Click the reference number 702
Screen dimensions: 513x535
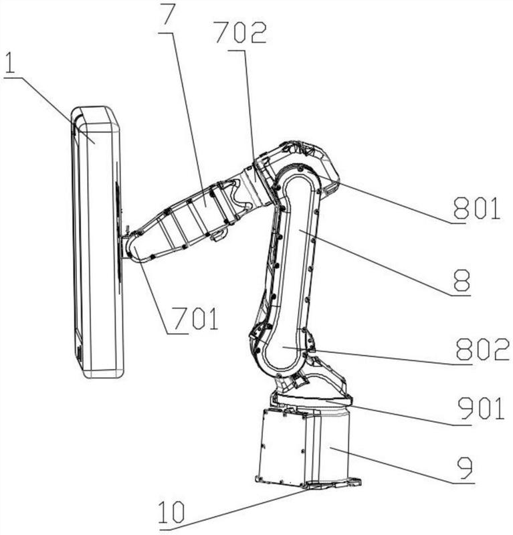click(x=241, y=32)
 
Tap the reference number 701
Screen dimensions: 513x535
click(x=195, y=318)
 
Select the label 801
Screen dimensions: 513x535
click(x=476, y=208)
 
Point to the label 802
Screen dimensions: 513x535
click(x=483, y=348)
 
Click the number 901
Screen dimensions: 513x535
click(x=481, y=408)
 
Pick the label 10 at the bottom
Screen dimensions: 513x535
click(x=172, y=512)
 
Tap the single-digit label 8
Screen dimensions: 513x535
click(x=461, y=280)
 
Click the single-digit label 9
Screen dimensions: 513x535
click(x=466, y=467)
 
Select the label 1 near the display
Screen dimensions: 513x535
click(x=10, y=62)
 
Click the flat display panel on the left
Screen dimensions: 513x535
click(x=97, y=241)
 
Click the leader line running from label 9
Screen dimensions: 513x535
click(x=403, y=465)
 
